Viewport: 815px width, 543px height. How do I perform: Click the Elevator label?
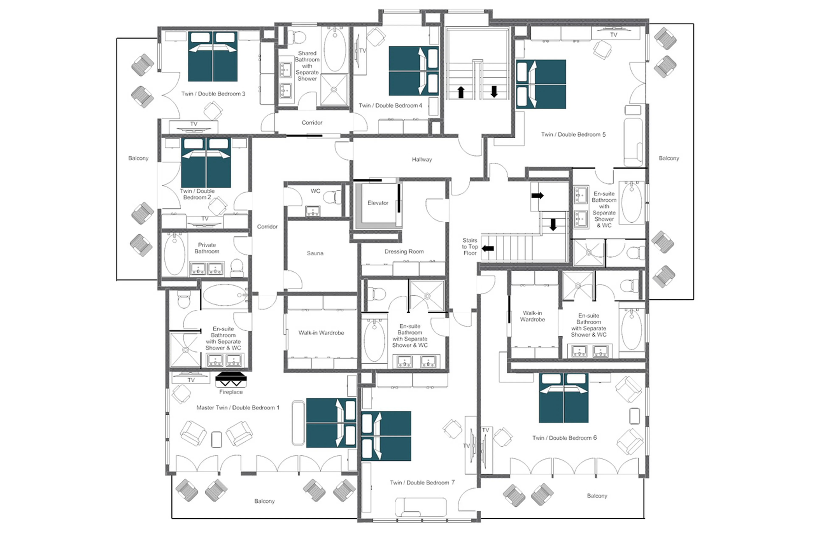pyautogui.click(x=378, y=203)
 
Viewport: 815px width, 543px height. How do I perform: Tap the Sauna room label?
pyautogui.click(x=315, y=253)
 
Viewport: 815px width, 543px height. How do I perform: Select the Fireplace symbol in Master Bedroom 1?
pyautogui.click(x=231, y=380)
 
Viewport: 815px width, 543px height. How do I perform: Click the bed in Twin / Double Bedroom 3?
pyautogui.click(x=213, y=56)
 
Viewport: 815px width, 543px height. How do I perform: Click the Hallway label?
pyautogui.click(x=422, y=160)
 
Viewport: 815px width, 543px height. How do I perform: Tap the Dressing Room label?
pyautogui.click(x=404, y=251)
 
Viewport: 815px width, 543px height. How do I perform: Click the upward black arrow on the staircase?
pyautogui.click(x=461, y=92)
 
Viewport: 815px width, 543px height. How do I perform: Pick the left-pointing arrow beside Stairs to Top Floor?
pyautogui.click(x=488, y=248)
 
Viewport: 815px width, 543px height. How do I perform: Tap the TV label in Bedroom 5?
pyautogui.click(x=613, y=35)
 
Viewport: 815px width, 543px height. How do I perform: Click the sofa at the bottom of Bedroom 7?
pyautogui.click(x=421, y=507)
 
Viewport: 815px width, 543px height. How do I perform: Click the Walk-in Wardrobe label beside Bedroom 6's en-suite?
pyautogui.click(x=532, y=316)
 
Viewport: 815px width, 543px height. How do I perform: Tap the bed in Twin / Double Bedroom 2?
pyautogui.click(x=206, y=163)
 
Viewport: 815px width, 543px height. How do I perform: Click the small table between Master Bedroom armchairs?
pyautogui.click(x=216, y=440)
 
